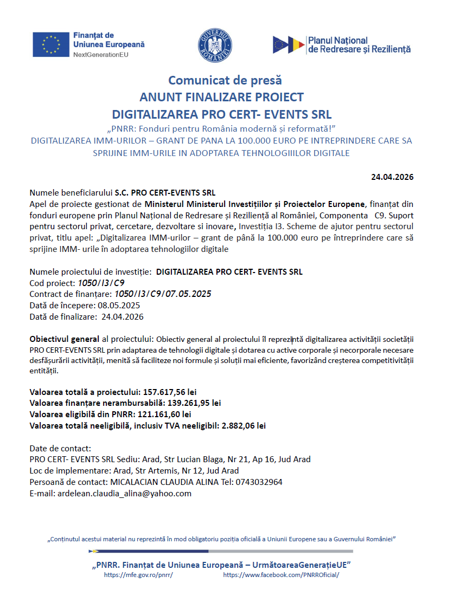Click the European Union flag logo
coord(51,44)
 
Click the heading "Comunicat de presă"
coord(225,81)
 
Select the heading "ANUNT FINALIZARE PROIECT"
coord(221,98)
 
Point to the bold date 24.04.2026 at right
coord(393,177)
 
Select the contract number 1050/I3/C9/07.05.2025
coord(162,294)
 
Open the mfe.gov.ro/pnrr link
coord(138,575)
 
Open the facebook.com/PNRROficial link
coord(281,575)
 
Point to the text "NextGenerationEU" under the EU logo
coord(101,55)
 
